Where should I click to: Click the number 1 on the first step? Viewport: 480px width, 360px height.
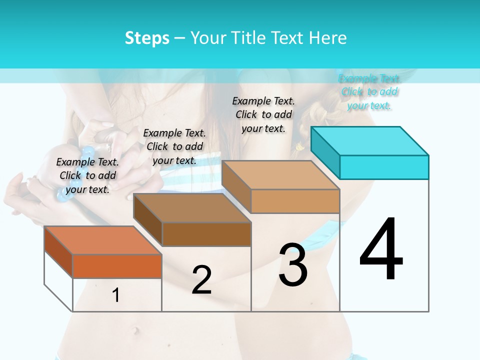[x=116, y=295]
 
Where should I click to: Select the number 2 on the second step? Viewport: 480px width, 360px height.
[x=201, y=279]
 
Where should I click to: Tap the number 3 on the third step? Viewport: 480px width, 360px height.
[x=293, y=265]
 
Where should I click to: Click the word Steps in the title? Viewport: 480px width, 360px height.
[x=147, y=38]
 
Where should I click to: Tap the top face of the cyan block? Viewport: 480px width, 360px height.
[x=370, y=141]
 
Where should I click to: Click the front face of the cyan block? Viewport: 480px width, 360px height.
[x=384, y=167]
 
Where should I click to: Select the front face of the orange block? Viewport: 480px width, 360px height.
[x=117, y=266]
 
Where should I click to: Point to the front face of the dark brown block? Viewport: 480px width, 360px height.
[x=206, y=234]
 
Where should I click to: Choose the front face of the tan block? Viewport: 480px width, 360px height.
[x=295, y=201]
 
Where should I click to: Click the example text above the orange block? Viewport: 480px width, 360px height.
[x=87, y=175]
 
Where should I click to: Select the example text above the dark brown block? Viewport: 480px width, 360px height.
[x=174, y=146]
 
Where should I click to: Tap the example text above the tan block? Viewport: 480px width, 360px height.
[x=263, y=114]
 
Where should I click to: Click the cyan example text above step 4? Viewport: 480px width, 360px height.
[x=369, y=91]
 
